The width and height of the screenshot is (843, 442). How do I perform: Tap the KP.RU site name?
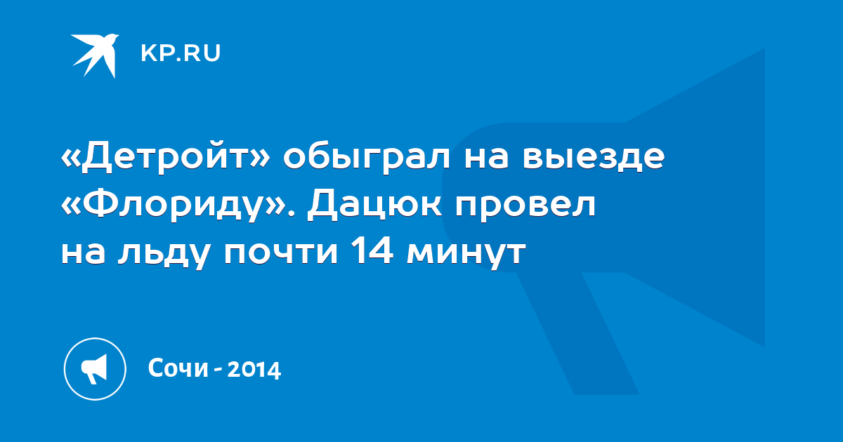tap(181, 53)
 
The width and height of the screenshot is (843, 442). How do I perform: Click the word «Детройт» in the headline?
tap(166, 156)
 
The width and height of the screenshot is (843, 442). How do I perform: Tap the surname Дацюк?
tap(375, 205)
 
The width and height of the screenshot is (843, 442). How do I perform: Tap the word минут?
tap(466, 254)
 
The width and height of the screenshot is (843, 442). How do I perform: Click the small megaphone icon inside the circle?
tap(94, 369)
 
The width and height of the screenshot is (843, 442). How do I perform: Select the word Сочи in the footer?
tap(178, 368)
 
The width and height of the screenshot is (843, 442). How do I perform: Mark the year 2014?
tap(254, 370)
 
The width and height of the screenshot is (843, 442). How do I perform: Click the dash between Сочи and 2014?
tap(218, 371)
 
